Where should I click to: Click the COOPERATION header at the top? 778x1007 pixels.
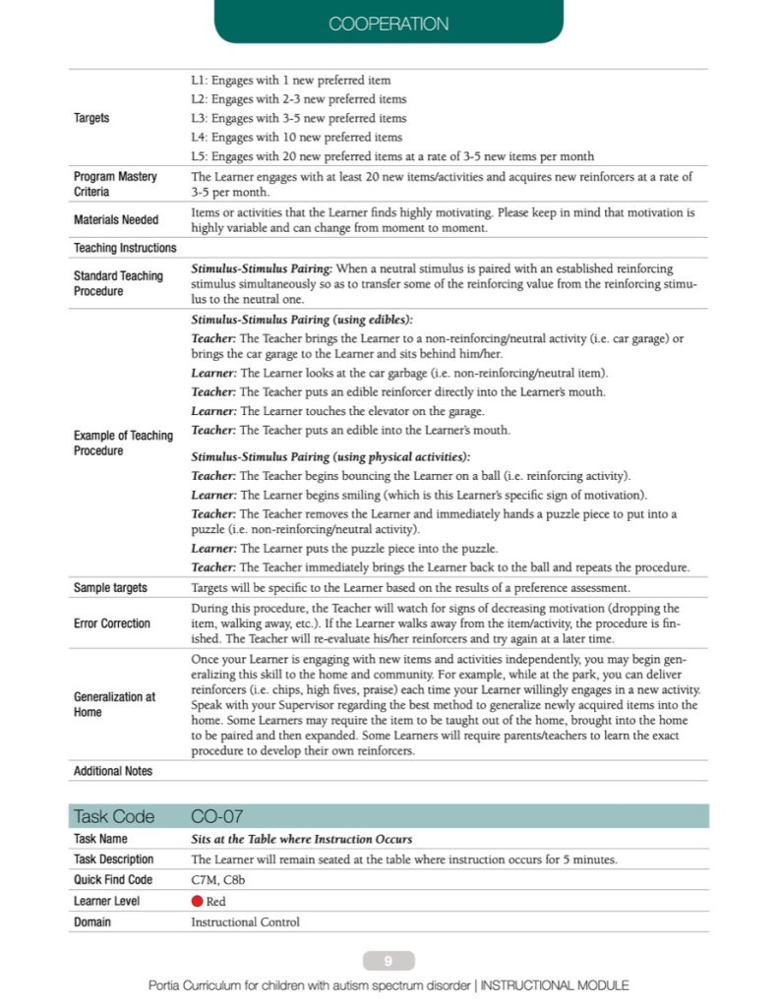pyautogui.click(x=389, y=24)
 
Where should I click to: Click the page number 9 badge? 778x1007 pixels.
pyautogui.click(x=389, y=961)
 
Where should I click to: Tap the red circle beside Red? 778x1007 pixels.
pyautogui.click(x=197, y=901)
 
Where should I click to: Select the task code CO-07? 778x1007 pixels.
pyautogui.click(x=216, y=816)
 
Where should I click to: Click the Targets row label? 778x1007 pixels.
pyautogui.click(x=91, y=118)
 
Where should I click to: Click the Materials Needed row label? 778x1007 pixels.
pyautogui.click(x=116, y=219)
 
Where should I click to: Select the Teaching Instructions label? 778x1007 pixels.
pyautogui.click(x=125, y=248)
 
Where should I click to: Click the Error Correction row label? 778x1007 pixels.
pyautogui.click(x=112, y=623)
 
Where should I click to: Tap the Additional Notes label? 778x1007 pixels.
pyautogui.click(x=113, y=771)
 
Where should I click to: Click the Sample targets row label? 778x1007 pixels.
pyautogui.click(x=110, y=587)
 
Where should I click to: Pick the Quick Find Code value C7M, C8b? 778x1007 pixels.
pyautogui.click(x=219, y=880)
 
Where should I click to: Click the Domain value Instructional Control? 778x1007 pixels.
pyautogui.click(x=245, y=922)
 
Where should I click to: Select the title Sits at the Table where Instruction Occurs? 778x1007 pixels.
pyautogui.click(x=301, y=839)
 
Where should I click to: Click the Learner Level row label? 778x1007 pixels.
pyautogui.click(x=106, y=901)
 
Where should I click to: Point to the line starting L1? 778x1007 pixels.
pyautogui.click(x=291, y=80)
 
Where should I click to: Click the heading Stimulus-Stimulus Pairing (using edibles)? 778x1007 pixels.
pyautogui.click(x=302, y=320)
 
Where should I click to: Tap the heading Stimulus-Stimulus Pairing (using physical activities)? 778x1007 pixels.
pyautogui.click(x=330, y=456)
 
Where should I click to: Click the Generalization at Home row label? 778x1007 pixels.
pyautogui.click(x=114, y=704)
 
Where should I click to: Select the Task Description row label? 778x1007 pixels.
pyautogui.click(x=114, y=859)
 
